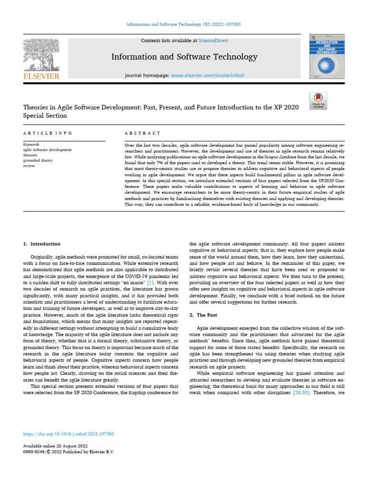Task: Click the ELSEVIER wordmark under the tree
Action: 41,76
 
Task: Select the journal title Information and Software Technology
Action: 184,57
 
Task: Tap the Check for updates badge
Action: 318,100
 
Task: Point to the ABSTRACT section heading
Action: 142,132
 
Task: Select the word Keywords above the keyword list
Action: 32,144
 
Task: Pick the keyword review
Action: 29,165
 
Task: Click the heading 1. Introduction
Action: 42,244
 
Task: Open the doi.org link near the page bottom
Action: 69,433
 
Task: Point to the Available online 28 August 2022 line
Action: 55,446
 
